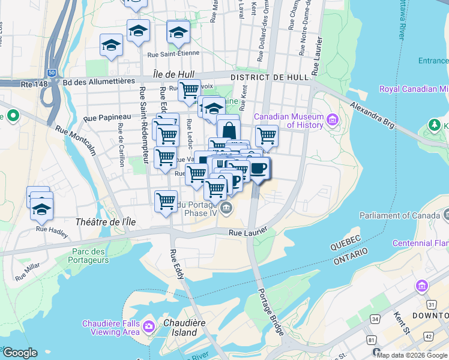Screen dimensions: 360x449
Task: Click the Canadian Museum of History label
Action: point(289,121)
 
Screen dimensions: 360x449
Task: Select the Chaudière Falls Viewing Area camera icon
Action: point(148,328)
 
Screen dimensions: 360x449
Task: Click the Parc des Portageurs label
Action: point(90,256)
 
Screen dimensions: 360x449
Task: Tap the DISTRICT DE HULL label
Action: point(270,77)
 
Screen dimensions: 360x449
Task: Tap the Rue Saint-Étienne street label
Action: point(173,54)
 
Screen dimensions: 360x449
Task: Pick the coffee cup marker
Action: point(259,169)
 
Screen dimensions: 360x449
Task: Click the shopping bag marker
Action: point(229,130)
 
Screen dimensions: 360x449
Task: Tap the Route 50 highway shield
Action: point(52,73)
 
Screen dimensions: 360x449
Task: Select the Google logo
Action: point(20,353)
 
